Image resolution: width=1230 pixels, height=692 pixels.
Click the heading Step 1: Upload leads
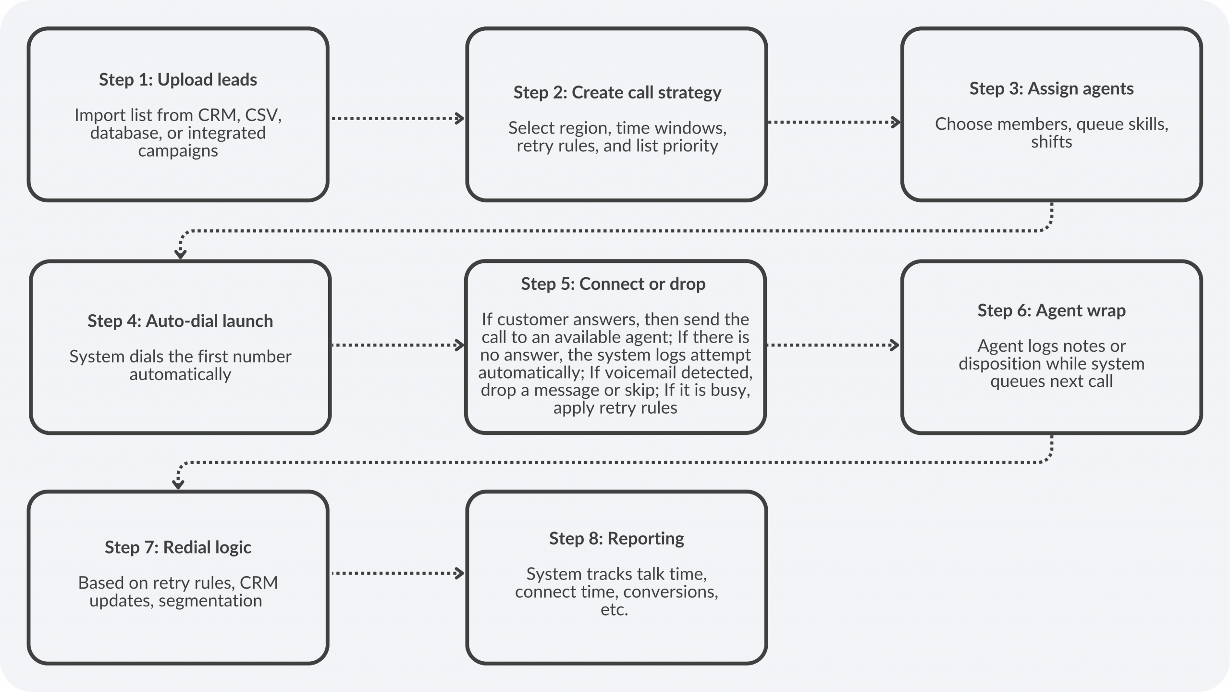pos(178,80)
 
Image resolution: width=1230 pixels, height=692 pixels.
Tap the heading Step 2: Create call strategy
pos(617,92)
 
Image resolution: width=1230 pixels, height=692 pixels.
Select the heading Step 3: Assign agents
pos(1051,88)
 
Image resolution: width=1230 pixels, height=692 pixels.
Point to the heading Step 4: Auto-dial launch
pos(180,321)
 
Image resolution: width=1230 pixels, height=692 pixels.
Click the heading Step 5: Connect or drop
pos(613,284)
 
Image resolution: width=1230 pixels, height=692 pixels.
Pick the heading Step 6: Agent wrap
pos(1051,310)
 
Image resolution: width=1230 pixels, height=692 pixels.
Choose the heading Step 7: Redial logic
pos(178,547)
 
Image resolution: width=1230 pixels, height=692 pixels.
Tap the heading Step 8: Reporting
pos(616,539)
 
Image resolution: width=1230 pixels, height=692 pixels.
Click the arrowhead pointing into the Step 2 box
pos(460,118)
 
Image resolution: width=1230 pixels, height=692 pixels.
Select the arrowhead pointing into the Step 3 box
pos(896,122)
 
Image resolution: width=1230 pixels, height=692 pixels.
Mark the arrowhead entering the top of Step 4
pos(180,253)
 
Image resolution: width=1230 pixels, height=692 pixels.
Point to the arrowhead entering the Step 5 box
pos(460,345)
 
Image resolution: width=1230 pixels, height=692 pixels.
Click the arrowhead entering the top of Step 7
pos(178,484)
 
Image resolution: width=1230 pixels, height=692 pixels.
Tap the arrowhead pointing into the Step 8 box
pos(460,573)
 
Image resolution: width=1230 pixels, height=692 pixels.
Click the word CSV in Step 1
pos(263,115)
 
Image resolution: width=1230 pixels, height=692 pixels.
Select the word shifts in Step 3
pos(1051,142)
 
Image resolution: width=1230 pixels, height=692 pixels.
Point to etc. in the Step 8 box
pos(614,610)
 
